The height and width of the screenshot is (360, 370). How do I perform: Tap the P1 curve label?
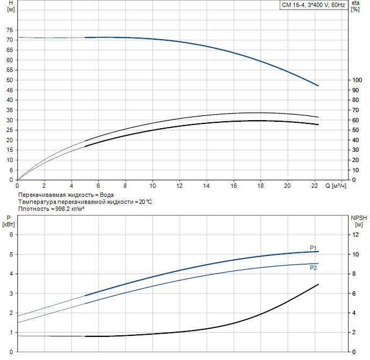313,248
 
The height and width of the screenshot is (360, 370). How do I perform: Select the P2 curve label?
313,267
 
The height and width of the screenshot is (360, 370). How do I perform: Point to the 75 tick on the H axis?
9,30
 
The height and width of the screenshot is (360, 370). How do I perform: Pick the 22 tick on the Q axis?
314,186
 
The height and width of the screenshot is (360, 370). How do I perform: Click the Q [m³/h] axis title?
336,186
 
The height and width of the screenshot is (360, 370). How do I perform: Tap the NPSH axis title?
358,218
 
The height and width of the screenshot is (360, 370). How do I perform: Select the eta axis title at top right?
355,3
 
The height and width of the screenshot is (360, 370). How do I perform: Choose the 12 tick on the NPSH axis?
355,235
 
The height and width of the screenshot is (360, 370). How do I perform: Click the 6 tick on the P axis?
9,235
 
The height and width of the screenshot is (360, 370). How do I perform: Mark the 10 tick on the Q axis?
153,186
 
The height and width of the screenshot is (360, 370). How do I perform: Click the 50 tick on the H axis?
9,80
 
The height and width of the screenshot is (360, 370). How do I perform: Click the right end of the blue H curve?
318,86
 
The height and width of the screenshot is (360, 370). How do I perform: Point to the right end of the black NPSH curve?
318,284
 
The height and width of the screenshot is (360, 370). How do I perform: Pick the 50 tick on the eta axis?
355,130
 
